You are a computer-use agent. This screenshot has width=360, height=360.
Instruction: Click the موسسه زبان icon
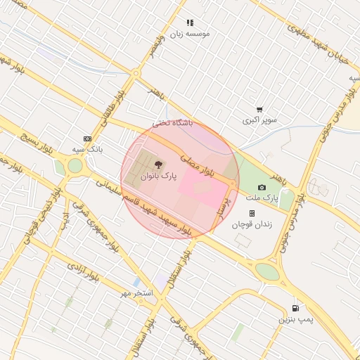[x=189, y=22]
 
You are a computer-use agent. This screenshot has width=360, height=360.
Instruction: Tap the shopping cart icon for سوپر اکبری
[x=259, y=110]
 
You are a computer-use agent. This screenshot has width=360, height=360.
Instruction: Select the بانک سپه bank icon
[x=87, y=139]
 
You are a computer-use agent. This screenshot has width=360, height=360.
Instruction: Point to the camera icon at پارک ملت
[x=262, y=187]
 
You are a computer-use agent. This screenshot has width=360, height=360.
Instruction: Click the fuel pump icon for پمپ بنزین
[x=295, y=308]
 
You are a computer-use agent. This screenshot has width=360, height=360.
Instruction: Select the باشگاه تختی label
[x=172, y=123]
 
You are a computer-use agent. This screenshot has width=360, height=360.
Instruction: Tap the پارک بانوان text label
[x=157, y=177]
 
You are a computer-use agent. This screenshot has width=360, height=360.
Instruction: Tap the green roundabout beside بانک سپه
[x=75, y=167]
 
